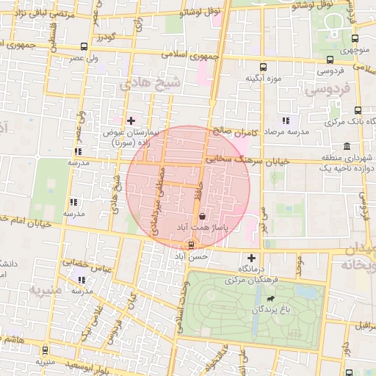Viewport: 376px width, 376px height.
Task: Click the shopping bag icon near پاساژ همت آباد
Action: (x=202, y=216)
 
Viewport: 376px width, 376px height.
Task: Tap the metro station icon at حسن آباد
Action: (x=192, y=245)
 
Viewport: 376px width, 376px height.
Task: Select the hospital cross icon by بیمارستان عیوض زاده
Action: (x=131, y=120)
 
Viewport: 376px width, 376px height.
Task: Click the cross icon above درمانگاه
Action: (x=252, y=258)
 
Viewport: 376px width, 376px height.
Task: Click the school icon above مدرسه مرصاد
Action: (x=286, y=120)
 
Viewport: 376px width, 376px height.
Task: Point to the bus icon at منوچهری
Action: (x=355, y=39)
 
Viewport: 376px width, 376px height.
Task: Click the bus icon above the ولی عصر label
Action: (x=83, y=46)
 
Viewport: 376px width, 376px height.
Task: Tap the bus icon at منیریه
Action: (x=46, y=351)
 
